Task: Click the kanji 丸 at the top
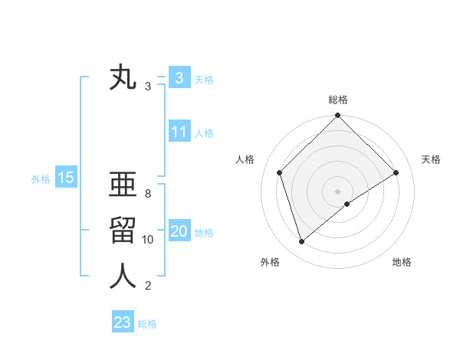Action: (123, 80)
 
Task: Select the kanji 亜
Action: (123, 185)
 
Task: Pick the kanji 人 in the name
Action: (123, 277)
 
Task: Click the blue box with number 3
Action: (179, 78)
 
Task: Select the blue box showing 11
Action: (179, 132)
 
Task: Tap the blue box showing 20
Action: (179, 231)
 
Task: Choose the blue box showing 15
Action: (65, 178)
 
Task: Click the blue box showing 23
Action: (123, 322)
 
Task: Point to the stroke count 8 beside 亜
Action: (148, 193)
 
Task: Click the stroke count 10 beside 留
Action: (148, 240)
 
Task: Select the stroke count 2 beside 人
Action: (148, 286)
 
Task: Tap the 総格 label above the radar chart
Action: (337, 100)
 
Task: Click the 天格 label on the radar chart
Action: (431, 159)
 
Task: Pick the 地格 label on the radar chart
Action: (402, 262)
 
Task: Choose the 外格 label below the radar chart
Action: (270, 262)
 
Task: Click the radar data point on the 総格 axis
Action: (337, 116)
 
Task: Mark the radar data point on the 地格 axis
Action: (347, 204)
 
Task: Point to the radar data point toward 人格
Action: (280, 172)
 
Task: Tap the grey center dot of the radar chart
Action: (337, 191)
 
